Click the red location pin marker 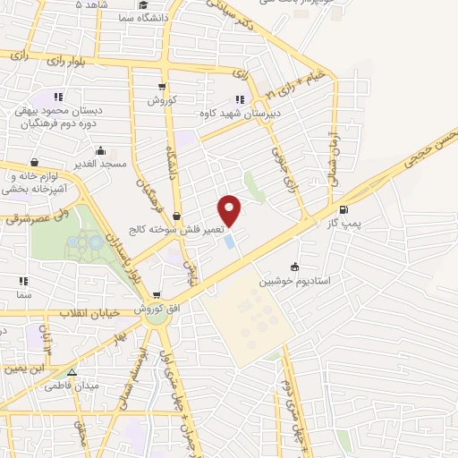click(230, 209)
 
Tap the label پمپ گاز click(344, 224)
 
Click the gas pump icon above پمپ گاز click(344, 210)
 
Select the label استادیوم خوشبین click(295, 281)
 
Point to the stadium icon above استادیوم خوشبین click(295, 267)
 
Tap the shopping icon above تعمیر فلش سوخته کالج click(177, 216)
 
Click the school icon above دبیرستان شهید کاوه click(240, 99)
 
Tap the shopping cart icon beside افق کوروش click(157, 295)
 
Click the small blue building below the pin click(230, 241)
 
